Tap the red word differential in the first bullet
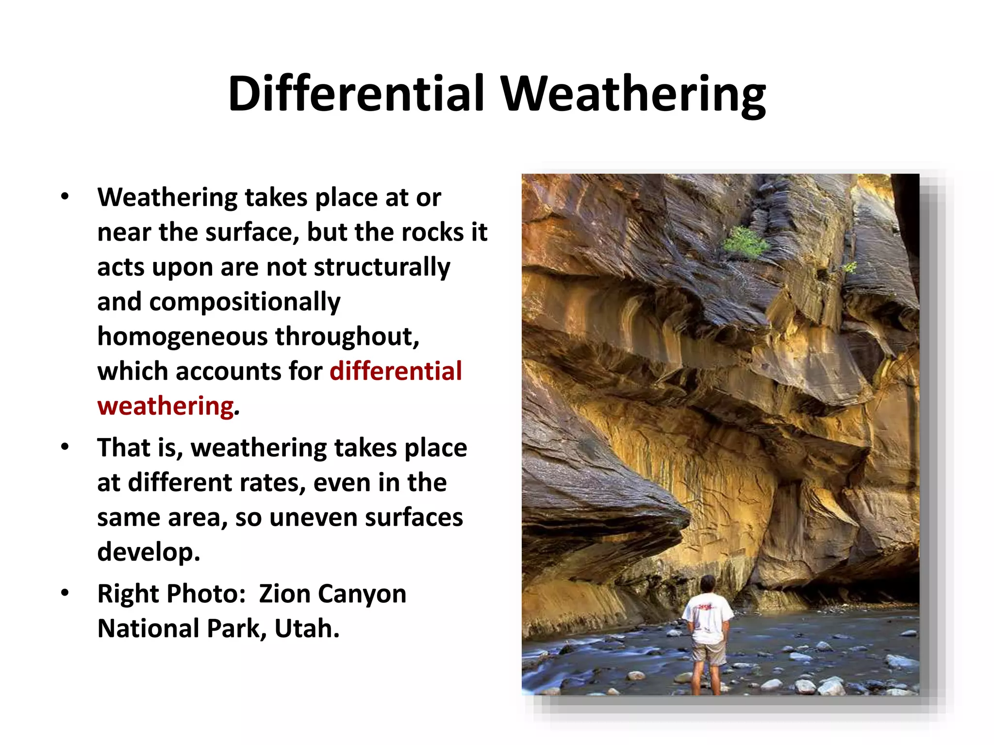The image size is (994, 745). click(396, 371)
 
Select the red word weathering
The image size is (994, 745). click(166, 406)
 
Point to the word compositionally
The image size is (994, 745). click(245, 302)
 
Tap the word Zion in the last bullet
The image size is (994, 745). click(284, 594)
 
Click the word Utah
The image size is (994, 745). click(306, 629)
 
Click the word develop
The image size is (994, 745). click(149, 552)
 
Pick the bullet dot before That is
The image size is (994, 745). click(65, 447)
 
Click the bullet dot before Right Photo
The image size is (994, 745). click(65, 593)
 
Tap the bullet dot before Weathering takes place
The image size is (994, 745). click(65, 197)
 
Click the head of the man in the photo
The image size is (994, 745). click(708, 584)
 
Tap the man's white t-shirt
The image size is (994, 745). click(708, 618)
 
